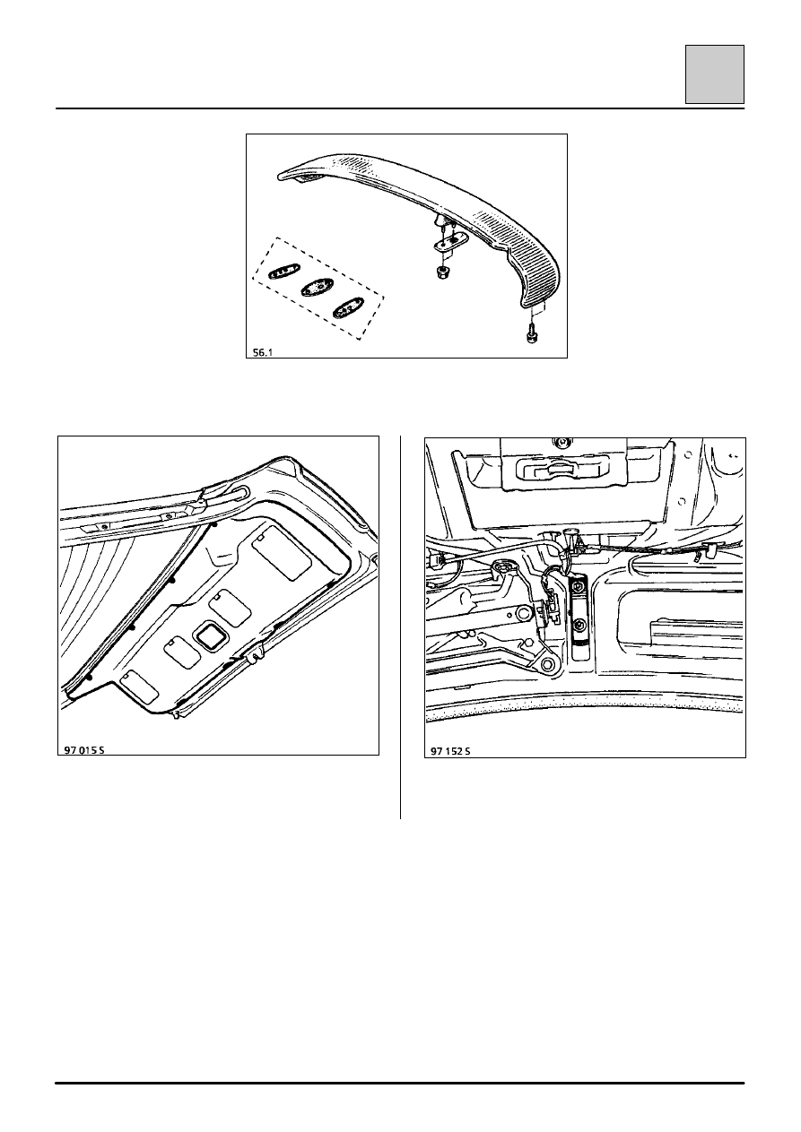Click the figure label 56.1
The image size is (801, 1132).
263,353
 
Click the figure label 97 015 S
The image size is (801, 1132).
84,750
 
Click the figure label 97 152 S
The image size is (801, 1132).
450,751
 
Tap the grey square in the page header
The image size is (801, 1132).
715,74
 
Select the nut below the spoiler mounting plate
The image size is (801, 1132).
442,272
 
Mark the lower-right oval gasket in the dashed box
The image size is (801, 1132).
348,307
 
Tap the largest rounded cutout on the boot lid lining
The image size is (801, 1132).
281,552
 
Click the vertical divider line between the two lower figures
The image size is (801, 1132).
400,627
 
